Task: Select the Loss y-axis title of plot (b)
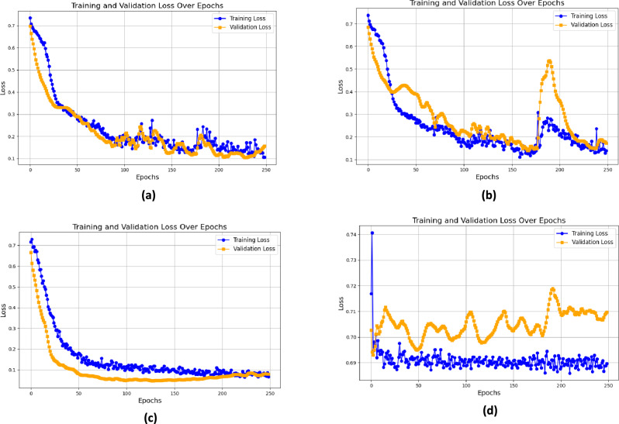point(340,85)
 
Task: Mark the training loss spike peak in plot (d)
point(372,233)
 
